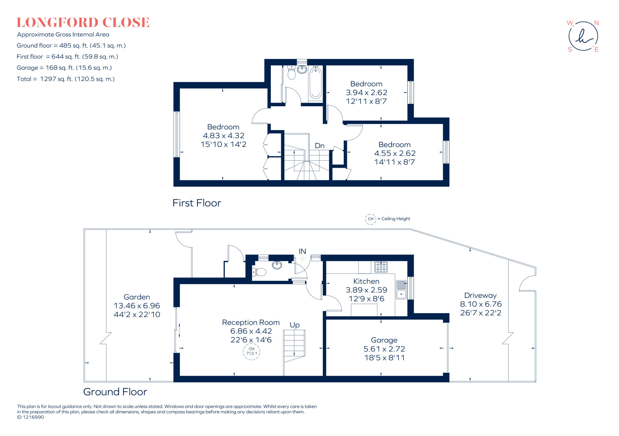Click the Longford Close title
83,23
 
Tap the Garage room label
384,340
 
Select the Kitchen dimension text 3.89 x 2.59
366,290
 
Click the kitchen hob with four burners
381,267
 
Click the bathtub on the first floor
315,83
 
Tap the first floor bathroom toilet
291,73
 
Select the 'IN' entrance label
302,251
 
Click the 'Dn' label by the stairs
319,146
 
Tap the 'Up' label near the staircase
294,325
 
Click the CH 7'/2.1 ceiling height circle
251,351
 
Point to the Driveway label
480,295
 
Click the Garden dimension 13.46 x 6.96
137,306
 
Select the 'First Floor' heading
196,203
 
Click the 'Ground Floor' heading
115,392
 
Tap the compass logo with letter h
583,36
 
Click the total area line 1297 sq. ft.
66,79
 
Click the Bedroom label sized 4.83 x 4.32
223,127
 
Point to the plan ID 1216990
31,417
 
